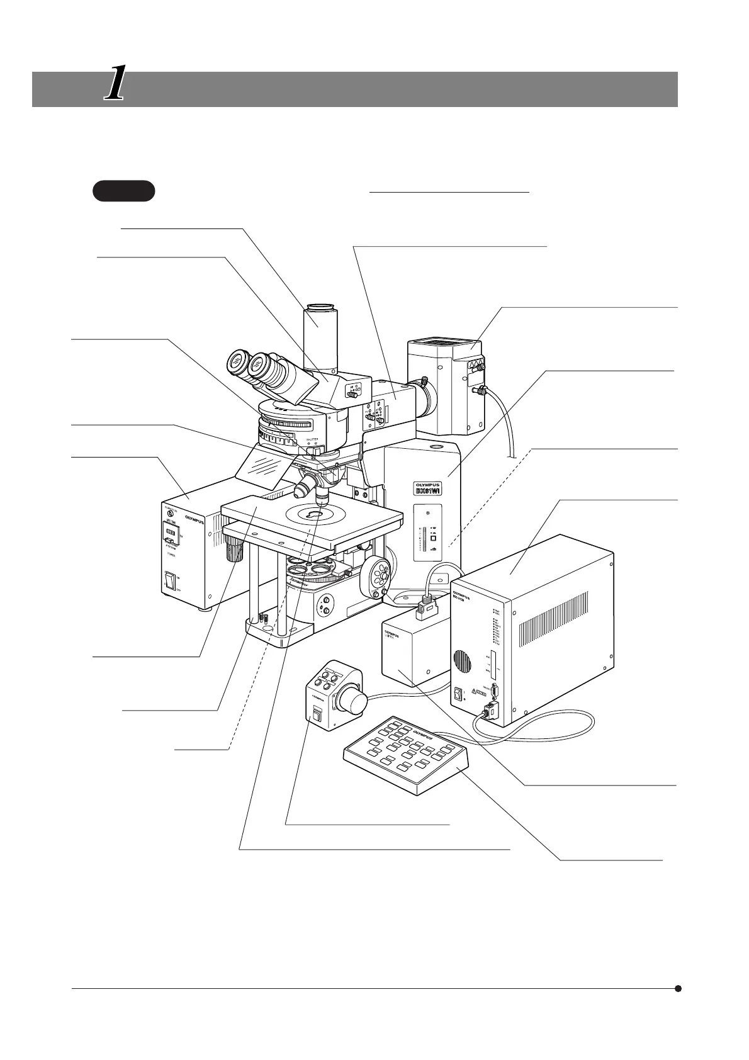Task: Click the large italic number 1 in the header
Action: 113,85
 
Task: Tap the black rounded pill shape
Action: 123,191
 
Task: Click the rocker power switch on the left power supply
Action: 170,580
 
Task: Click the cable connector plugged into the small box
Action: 427,609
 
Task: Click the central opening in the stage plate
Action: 313,515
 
